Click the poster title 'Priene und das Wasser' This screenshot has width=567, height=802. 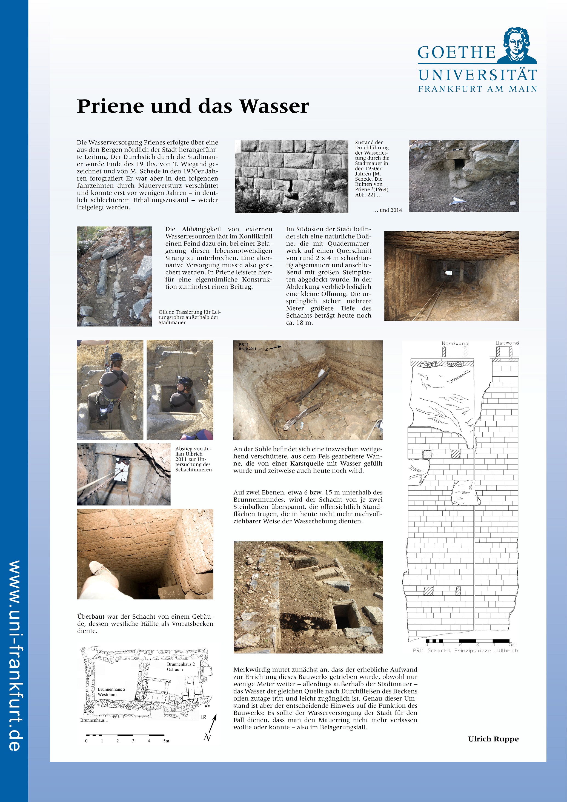click(193, 106)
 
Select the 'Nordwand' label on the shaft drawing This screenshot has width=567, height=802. click(455, 343)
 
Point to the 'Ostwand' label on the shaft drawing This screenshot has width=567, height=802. click(507, 343)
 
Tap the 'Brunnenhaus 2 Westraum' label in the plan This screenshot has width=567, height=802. click(111, 692)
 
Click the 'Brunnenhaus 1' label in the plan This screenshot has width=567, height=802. click(94, 720)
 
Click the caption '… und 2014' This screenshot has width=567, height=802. click(388, 210)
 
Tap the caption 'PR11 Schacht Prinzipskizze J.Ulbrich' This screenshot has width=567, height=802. click(465, 650)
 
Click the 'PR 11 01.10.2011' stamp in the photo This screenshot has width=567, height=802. click(248, 346)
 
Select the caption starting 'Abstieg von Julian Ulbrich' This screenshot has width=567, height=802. click(193, 459)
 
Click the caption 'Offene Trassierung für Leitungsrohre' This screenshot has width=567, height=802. click(189, 317)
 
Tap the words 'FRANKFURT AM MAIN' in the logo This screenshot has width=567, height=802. click(477, 89)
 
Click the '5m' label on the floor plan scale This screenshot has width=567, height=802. click(166, 741)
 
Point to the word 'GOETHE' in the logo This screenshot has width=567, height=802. click(456, 53)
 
